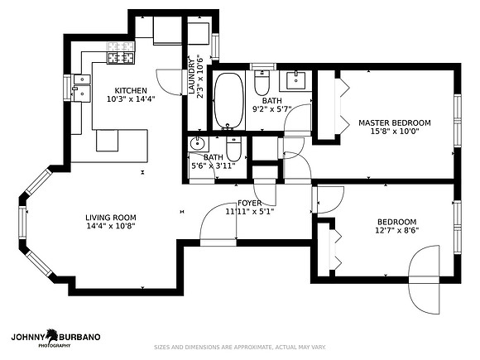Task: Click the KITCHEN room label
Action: [x=131, y=90]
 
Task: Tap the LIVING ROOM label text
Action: [x=111, y=218]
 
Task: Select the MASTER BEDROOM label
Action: [x=395, y=123]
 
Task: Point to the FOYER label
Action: [x=249, y=203]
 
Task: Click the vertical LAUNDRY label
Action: [x=192, y=76]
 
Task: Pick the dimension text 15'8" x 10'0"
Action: [x=395, y=132]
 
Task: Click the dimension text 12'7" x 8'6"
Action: [x=397, y=230]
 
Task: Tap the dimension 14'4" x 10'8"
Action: [x=111, y=226]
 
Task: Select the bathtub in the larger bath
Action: [x=229, y=101]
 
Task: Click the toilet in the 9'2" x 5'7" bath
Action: [x=262, y=83]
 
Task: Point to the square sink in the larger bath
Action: [x=295, y=80]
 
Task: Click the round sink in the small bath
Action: [x=198, y=143]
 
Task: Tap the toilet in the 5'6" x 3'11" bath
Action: [x=234, y=149]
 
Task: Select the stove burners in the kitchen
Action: [x=121, y=57]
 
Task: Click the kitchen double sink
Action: [x=82, y=88]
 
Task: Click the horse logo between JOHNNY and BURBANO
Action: [x=52, y=336]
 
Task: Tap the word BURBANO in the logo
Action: [x=79, y=337]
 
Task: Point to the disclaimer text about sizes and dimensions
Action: [x=240, y=347]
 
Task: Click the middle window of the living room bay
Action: [x=22, y=222]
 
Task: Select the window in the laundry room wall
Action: [x=215, y=46]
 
